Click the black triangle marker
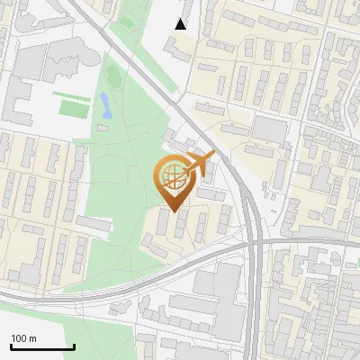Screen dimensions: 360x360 [x=181, y=24]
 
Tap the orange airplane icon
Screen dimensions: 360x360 [x=196, y=165]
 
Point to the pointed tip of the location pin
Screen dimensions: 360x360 [x=173, y=211]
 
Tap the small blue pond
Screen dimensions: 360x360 [x=106, y=106]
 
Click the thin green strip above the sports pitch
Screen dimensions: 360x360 [x=70, y=94]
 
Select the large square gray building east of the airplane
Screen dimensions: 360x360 [x=268, y=130]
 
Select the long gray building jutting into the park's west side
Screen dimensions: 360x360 [x=94, y=222]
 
